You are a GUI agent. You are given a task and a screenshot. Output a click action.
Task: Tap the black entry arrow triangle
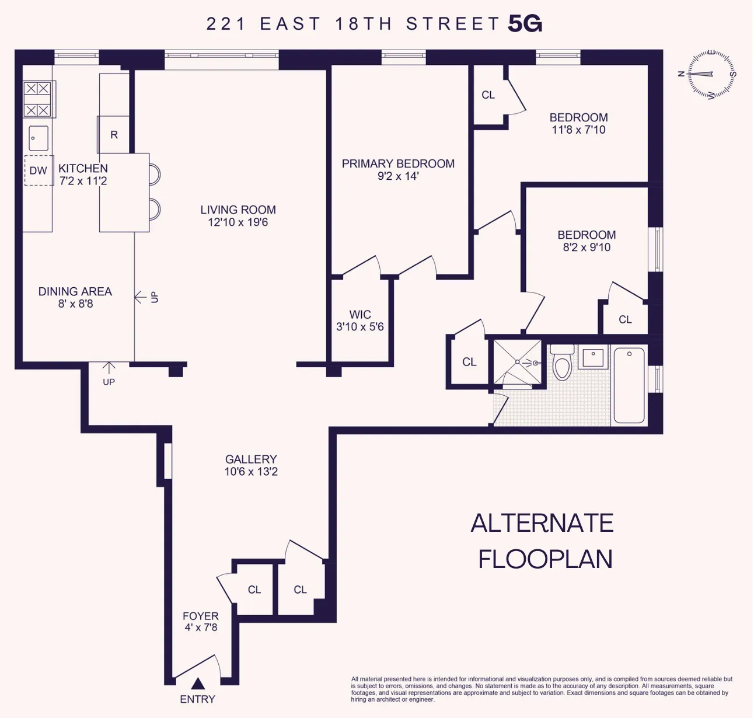tap(198, 684)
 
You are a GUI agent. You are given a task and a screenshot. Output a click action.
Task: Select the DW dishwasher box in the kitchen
tap(39, 170)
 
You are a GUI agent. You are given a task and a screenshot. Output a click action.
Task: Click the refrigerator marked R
tap(114, 135)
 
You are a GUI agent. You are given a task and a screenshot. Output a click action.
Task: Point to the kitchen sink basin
tap(39, 138)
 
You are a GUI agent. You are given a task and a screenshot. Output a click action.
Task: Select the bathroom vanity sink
tap(593, 357)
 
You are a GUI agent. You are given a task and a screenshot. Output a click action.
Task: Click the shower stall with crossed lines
tap(518, 363)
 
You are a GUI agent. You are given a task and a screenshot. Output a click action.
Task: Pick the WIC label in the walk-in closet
tap(360, 315)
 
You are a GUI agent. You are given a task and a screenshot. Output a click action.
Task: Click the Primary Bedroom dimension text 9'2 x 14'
tap(398, 176)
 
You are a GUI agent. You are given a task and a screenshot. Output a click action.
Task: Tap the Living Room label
tap(238, 210)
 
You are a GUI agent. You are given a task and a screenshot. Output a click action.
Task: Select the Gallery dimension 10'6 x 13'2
tap(251, 472)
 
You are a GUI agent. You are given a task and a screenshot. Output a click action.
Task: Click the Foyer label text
tap(201, 616)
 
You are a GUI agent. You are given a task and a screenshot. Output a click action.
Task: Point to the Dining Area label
tap(75, 291)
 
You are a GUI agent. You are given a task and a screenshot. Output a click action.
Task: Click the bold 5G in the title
tap(525, 24)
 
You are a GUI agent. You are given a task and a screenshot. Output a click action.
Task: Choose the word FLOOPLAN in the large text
tap(545, 559)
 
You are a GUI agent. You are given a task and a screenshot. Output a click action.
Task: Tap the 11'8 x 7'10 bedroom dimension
tap(578, 130)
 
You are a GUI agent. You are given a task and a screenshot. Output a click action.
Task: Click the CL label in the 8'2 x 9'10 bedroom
tap(625, 319)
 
